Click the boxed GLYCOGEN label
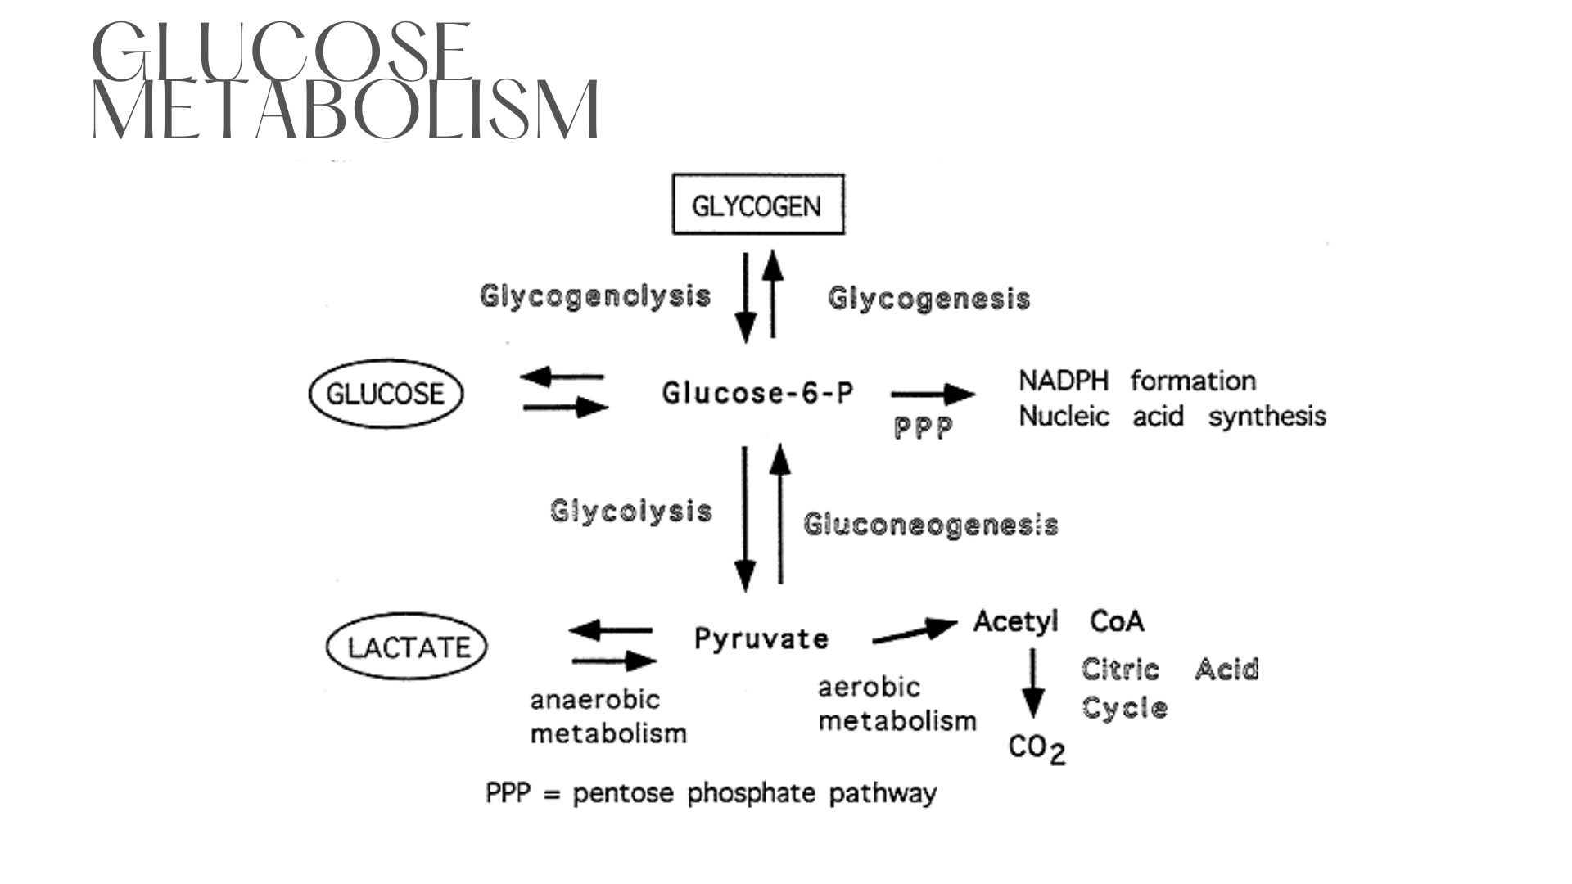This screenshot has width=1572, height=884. (757, 205)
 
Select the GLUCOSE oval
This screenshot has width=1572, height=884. (385, 394)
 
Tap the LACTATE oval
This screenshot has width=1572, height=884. (407, 647)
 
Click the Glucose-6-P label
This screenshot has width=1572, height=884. (757, 394)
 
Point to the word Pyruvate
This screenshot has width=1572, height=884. (761, 638)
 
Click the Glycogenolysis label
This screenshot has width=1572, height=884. (595, 295)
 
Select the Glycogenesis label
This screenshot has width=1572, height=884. (928, 299)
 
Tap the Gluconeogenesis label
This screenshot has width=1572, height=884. (930, 524)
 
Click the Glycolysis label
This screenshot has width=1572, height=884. (630, 511)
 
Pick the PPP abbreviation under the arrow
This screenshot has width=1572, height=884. (923, 428)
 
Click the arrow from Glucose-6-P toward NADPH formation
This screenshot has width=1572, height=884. (933, 395)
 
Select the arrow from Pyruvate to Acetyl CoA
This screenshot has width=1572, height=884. (915, 633)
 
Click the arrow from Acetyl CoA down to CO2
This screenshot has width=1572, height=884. (1033, 684)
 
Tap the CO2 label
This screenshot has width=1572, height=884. (1037, 748)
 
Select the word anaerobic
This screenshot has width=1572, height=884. (594, 700)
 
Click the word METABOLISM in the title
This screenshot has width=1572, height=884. (346, 110)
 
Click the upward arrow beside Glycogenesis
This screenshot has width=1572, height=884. (774, 295)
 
